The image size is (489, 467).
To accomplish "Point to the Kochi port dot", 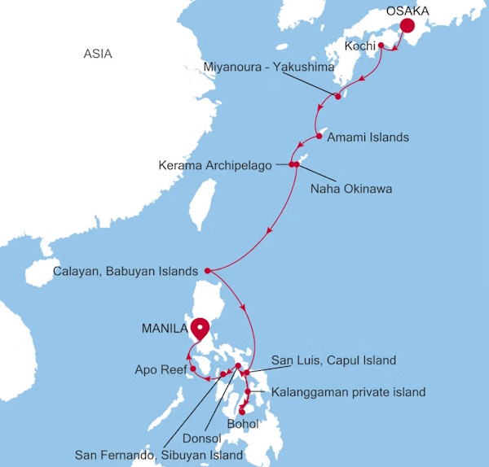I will coord(381,46).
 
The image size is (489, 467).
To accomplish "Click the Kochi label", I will coord(360,46).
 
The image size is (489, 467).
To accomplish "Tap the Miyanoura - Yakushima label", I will coord(268,67).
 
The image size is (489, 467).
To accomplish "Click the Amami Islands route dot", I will coord(319,135).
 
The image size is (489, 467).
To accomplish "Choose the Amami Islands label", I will coord(368,137).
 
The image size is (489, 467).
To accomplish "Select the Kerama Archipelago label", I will coord(215,166).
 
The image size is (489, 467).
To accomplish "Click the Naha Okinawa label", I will coord(351,190).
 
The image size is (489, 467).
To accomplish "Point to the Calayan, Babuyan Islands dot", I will coord(207,270).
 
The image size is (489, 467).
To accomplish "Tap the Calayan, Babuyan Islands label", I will coord(126,271).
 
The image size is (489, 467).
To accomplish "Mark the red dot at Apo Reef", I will coord(193,369).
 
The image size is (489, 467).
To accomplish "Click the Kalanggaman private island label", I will coord(349,392).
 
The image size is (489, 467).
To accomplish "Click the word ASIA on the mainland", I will coord(98,55).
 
